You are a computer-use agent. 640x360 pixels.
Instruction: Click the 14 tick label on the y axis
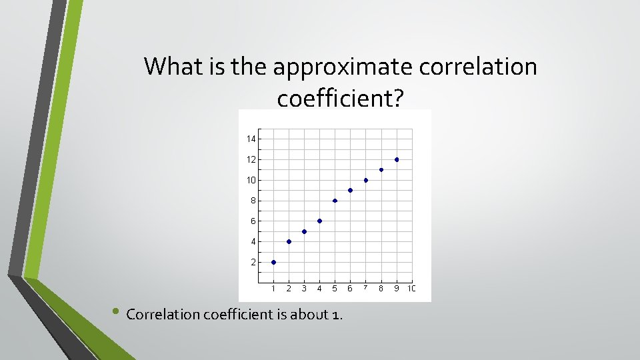[x=251, y=139]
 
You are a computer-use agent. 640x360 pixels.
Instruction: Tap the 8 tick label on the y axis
[x=253, y=201]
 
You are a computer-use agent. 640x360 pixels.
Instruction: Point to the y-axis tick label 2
[x=253, y=262]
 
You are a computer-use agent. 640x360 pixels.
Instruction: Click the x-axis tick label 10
[x=411, y=289]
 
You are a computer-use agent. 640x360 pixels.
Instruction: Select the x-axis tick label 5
[x=335, y=289]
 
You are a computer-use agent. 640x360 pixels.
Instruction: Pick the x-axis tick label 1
[x=273, y=289]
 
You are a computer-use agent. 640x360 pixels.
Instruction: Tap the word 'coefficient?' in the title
[x=340, y=99]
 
